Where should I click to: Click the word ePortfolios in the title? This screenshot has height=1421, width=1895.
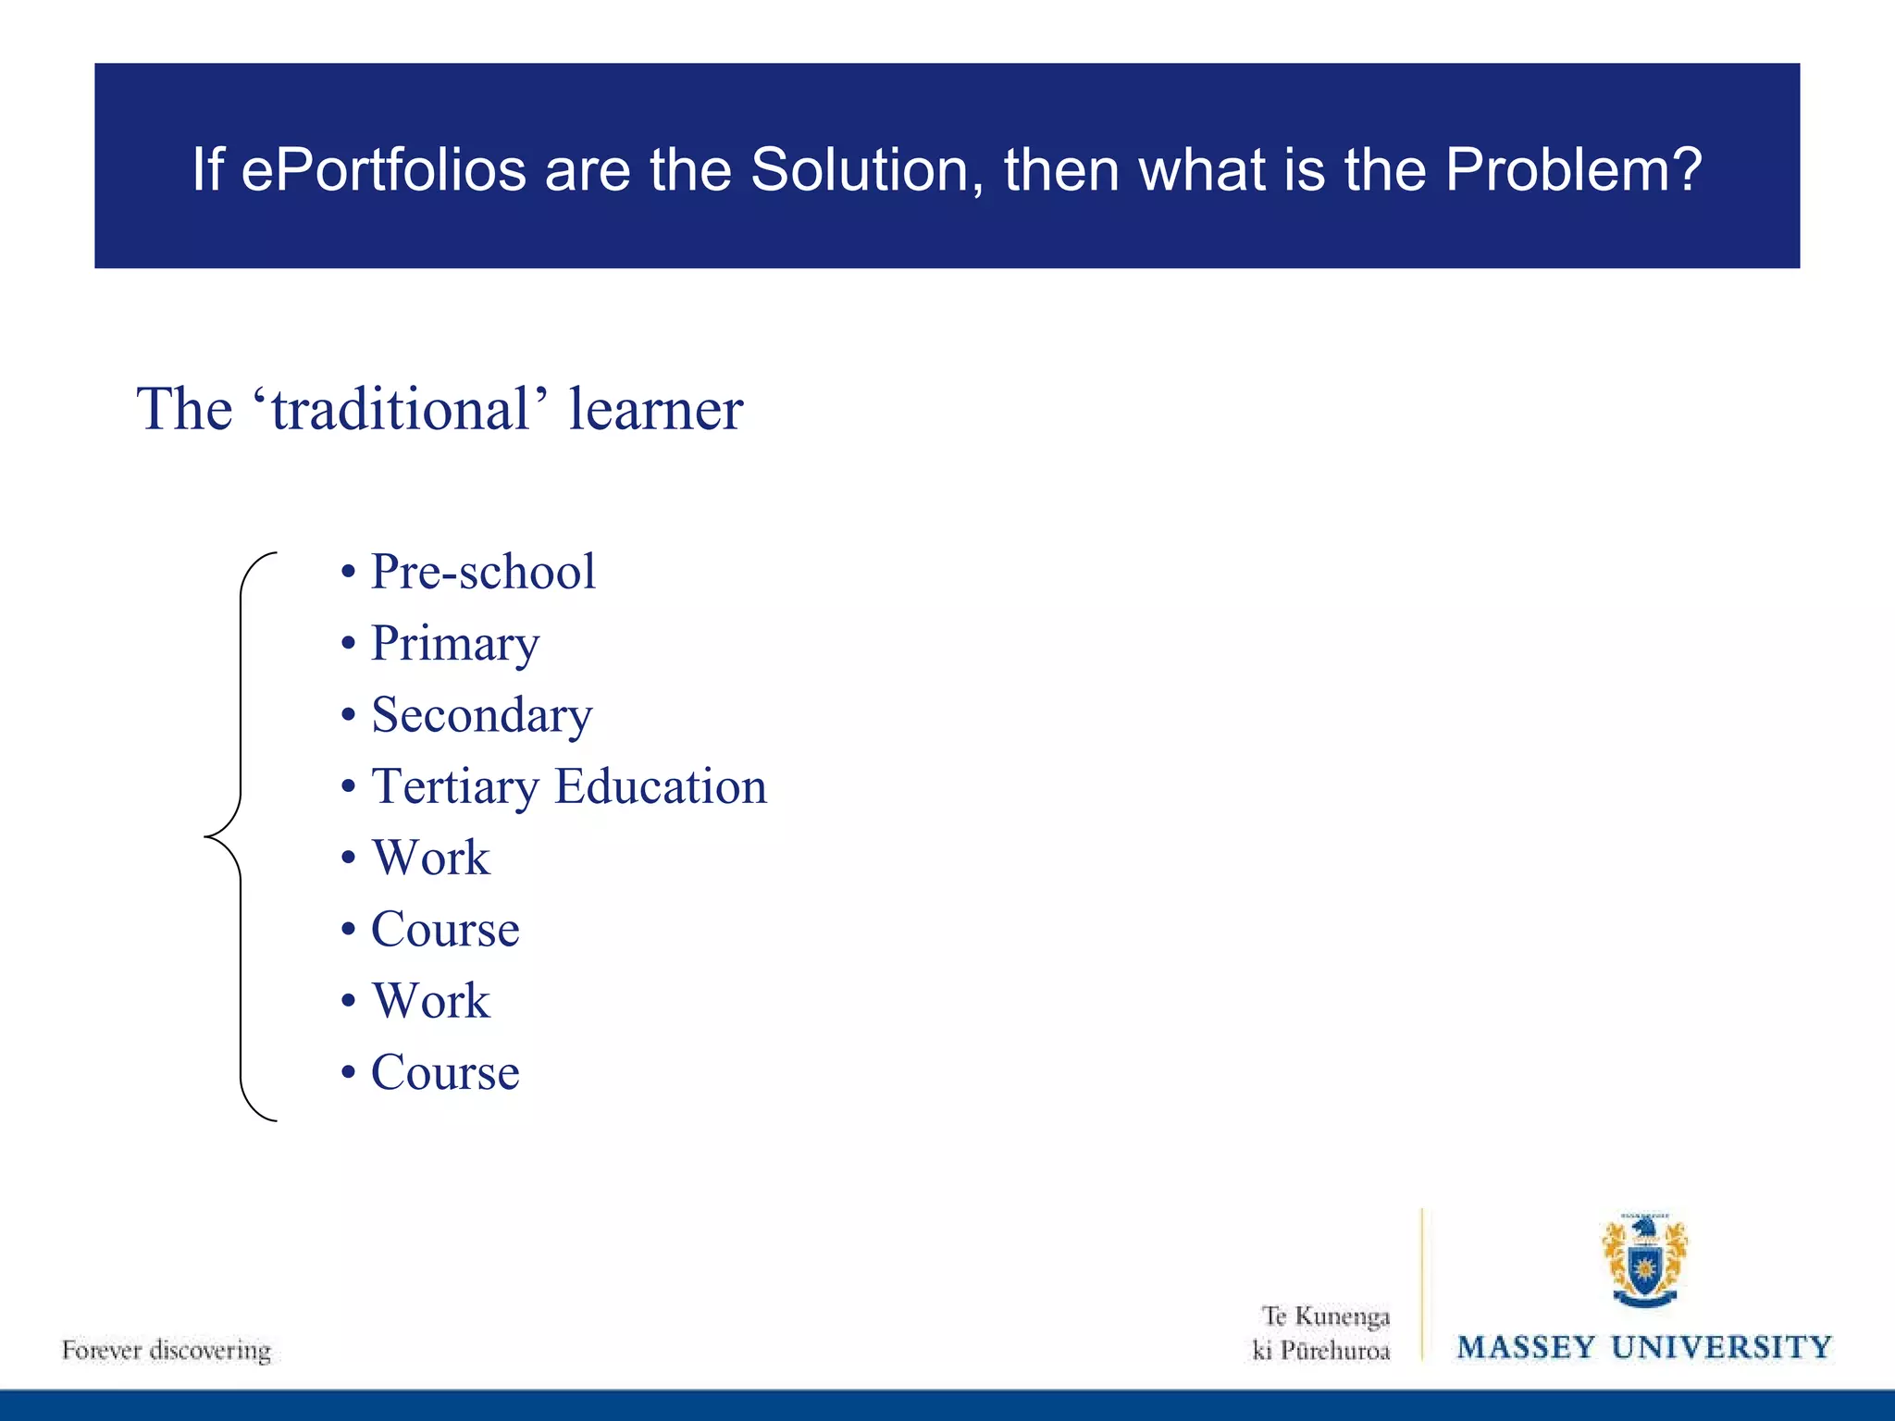(383, 171)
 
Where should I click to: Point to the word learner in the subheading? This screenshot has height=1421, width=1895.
(655, 410)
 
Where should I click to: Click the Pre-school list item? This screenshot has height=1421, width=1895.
(482, 572)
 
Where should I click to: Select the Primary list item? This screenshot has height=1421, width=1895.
(454, 645)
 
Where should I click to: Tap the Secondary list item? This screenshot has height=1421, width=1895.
(481, 715)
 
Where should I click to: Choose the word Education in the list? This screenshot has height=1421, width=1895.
(661, 786)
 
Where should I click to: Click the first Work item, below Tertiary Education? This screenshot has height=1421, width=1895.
(430, 858)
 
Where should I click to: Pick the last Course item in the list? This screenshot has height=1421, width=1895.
(445, 1073)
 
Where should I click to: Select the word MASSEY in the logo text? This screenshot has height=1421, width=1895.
(1526, 1347)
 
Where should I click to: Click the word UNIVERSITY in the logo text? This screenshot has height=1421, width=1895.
(1721, 1347)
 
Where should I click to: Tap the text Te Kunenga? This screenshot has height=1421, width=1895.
(1325, 1316)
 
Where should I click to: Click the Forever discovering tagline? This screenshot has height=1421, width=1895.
(167, 1350)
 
